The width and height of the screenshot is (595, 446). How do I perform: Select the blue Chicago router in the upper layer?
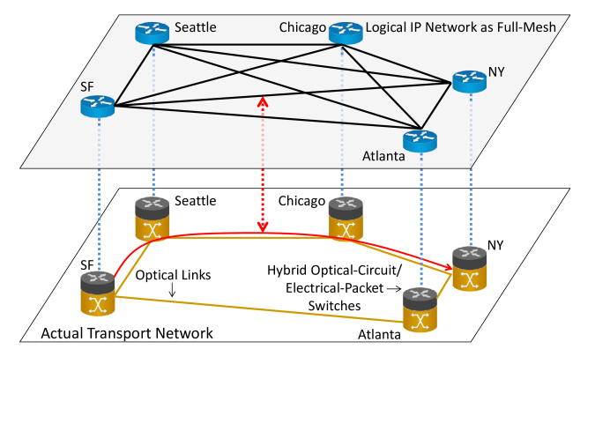click(346, 33)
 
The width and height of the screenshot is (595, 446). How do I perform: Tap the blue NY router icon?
click(470, 81)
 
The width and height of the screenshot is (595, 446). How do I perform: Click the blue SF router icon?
click(97, 106)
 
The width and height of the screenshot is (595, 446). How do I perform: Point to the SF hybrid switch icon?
click(97, 294)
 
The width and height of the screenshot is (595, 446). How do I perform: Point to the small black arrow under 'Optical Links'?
click(172, 291)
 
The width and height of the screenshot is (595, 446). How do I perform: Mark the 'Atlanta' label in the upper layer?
click(383, 157)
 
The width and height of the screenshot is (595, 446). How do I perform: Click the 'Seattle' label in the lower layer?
click(195, 201)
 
